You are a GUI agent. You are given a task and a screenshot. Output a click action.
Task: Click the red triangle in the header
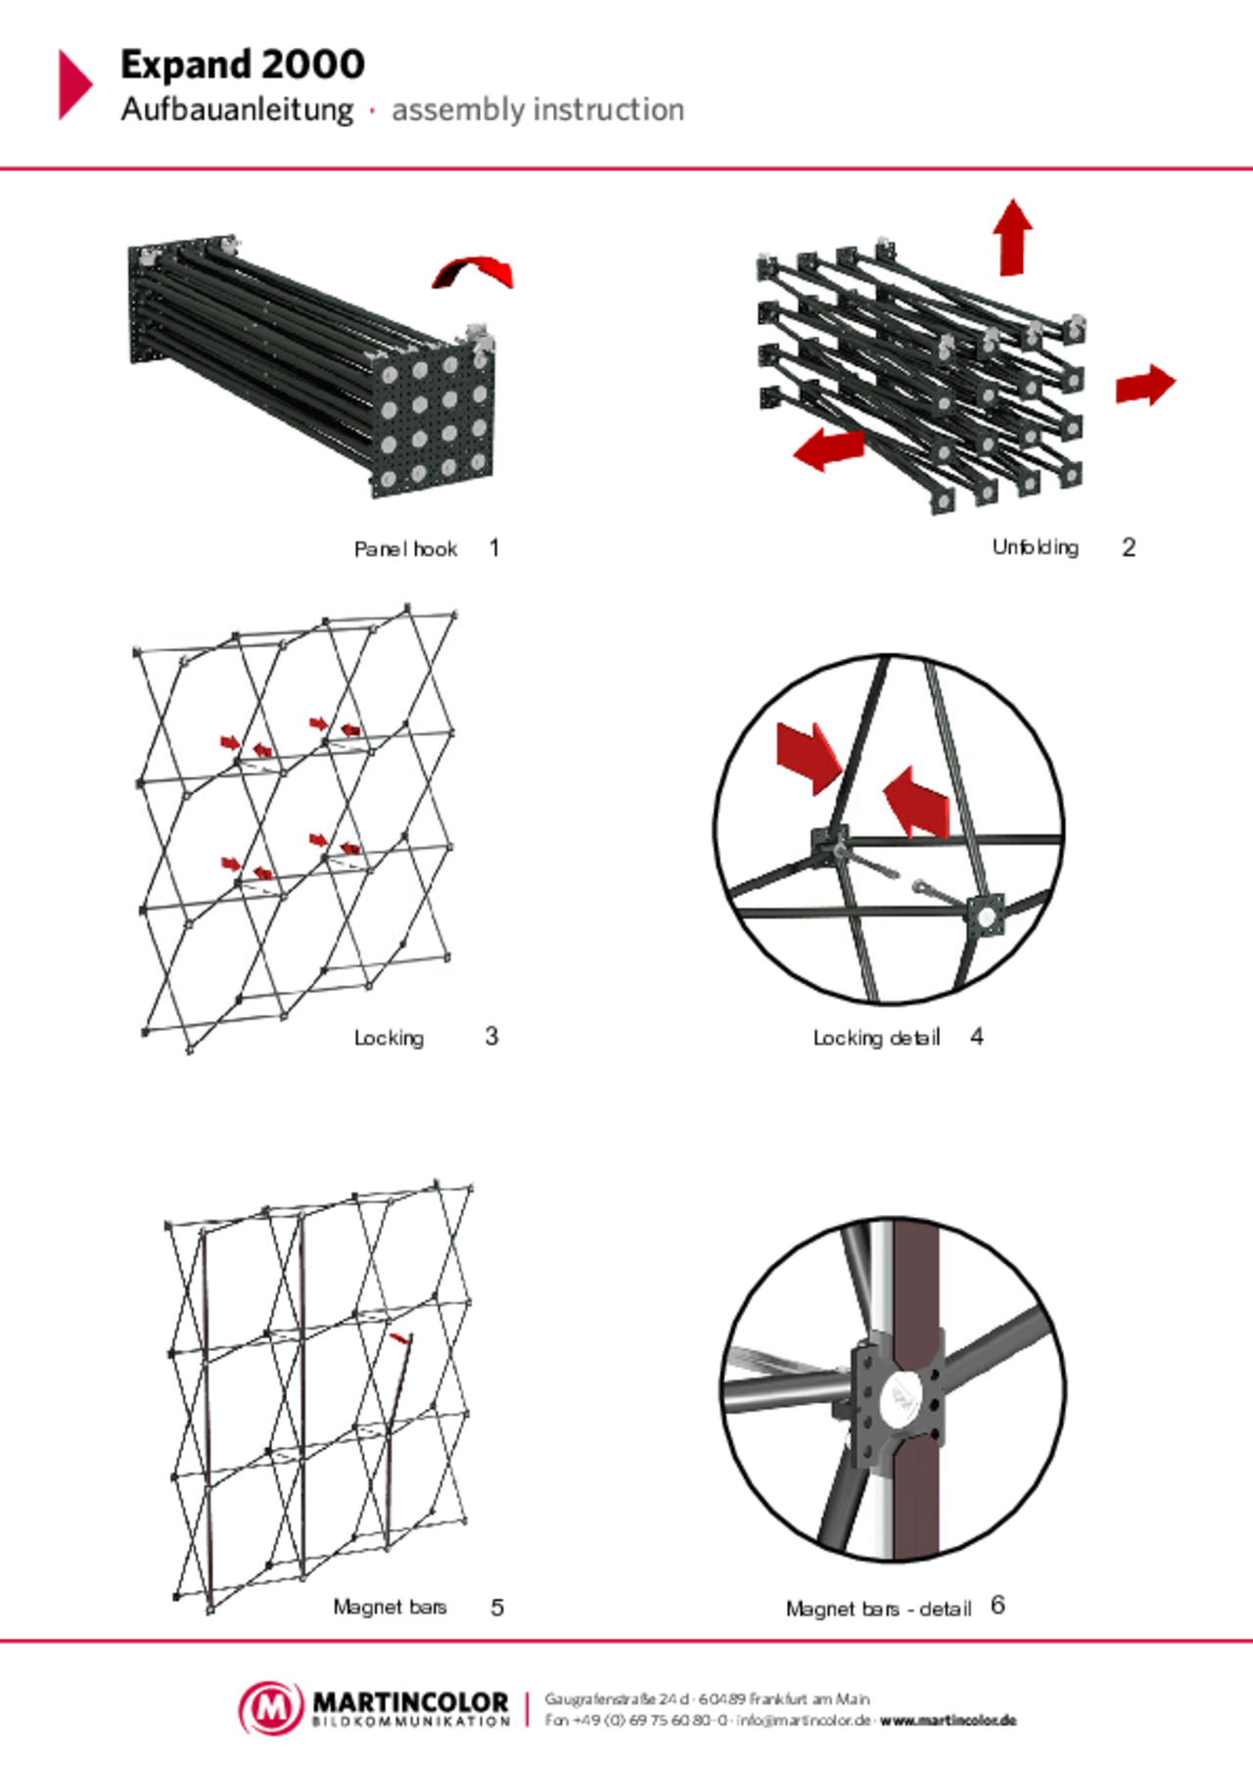[x=73, y=84]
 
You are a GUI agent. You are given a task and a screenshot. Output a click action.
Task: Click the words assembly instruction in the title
[x=537, y=111]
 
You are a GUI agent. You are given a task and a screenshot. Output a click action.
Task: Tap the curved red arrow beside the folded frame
[x=474, y=271]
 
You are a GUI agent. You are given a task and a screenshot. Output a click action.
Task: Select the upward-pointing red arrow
[x=1012, y=238]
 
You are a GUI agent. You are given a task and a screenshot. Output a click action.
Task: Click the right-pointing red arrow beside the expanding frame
[x=1144, y=385]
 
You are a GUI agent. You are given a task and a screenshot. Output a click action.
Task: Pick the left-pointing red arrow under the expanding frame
[x=829, y=449]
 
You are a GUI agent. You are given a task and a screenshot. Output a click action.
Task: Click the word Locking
[x=389, y=1038]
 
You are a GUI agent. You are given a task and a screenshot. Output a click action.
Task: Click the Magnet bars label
[x=390, y=1607]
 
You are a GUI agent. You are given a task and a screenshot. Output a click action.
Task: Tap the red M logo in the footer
[x=271, y=1707]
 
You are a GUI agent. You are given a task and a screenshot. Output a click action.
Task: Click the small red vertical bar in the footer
[x=526, y=1709]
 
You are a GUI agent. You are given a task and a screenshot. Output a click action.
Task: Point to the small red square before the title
[x=372, y=111]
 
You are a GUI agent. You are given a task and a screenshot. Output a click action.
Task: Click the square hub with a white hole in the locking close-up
[x=984, y=915]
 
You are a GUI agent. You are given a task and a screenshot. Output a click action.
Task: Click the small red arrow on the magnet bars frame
[x=398, y=1337]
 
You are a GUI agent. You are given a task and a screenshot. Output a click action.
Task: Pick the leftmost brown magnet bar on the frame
[x=207, y=1410]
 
